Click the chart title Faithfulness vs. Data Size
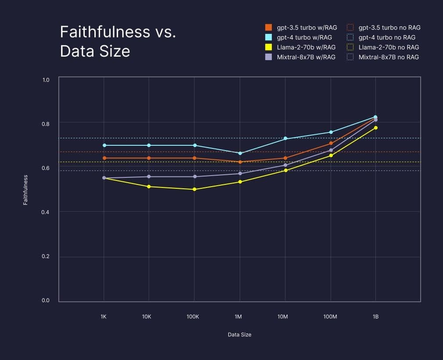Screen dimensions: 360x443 click(x=118, y=42)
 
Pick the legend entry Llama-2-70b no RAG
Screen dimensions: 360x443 click(x=388, y=47)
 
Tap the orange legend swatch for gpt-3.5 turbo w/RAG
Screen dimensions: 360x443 click(x=268, y=28)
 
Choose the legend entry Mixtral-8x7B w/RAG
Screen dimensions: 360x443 click(x=306, y=57)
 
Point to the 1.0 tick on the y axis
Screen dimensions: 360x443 click(x=46, y=80)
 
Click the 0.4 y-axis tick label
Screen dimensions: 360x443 click(x=46, y=212)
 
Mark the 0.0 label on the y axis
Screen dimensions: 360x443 click(x=46, y=301)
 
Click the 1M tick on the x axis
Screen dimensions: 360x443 click(x=238, y=317)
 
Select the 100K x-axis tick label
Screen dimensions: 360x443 click(x=194, y=317)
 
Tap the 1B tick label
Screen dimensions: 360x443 click(x=375, y=317)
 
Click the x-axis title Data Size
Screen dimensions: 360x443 click(x=239, y=335)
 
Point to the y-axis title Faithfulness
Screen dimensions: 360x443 click(x=25, y=190)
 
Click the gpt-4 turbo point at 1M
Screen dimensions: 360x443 click(x=240, y=153)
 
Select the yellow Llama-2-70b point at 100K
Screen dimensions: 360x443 click(x=194, y=189)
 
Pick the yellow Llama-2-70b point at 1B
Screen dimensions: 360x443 click(x=375, y=128)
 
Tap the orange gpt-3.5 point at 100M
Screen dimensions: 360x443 click(x=331, y=143)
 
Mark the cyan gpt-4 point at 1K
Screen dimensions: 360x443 click(x=104, y=145)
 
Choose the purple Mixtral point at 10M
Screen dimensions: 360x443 click(x=285, y=165)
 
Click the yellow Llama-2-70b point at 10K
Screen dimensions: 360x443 click(x=149, y=187)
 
